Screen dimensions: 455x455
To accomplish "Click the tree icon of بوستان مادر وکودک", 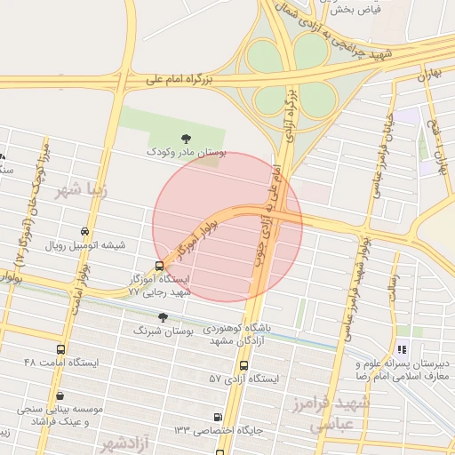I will click(186, 138).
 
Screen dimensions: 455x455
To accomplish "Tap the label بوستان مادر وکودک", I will click(187, 153).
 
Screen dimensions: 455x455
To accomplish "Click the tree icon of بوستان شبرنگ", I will click(162, 316).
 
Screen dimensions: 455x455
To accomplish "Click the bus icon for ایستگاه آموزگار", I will click(159, 265).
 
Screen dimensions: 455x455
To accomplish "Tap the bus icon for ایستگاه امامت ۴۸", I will click(60, 349).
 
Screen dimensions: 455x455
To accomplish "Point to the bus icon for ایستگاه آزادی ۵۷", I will click(243, 365).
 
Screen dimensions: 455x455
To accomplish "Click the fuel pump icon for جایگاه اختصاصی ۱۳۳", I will click(219, 417).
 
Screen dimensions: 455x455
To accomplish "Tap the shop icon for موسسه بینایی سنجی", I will click(60, 396).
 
